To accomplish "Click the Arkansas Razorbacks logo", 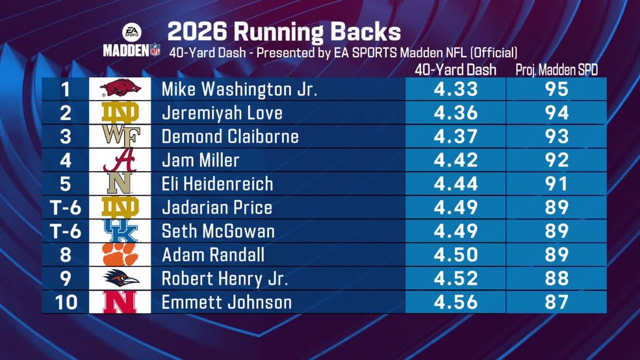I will (x=120, y=88).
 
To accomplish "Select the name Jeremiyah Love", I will (x=222, y=113).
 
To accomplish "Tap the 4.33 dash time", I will (x=455, y=89).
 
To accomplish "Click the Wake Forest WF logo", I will (x=120, y=136).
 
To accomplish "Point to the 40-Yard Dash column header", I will (x=455, y=70).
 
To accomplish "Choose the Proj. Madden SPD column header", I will (x=556, y=70).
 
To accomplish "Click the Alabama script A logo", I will (x=120, y=160).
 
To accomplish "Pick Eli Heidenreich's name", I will (x=217, y=184).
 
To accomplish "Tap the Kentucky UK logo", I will (x=120, y=231).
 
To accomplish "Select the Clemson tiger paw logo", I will (x=120, y=255).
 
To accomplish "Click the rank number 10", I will (x=65, y=302).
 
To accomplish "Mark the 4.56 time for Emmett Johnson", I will (x=455, y=302).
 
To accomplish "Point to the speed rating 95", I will (x=556, y=89).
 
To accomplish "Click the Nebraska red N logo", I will (x=120, y=302).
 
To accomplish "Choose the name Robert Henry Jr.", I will (x=224, y=279).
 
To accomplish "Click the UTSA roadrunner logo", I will (x=120, y=279).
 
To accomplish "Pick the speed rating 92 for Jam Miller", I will (x=556, y=160).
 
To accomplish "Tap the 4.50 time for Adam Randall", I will (x=455, y=255).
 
